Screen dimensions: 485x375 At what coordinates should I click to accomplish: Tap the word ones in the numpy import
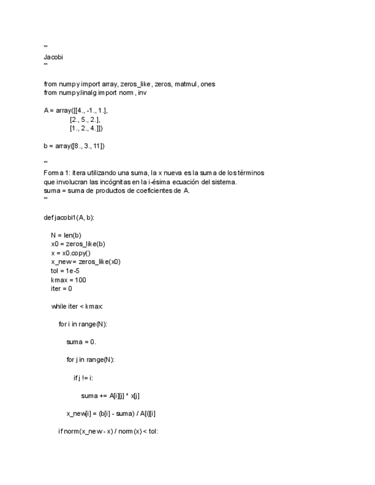tap(208, 84)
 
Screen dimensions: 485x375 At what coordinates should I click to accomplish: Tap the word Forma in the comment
tap(53, 173)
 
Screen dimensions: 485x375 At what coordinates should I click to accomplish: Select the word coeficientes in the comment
tap(156, 190)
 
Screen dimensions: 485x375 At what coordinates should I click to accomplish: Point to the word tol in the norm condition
tap(152, 431)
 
